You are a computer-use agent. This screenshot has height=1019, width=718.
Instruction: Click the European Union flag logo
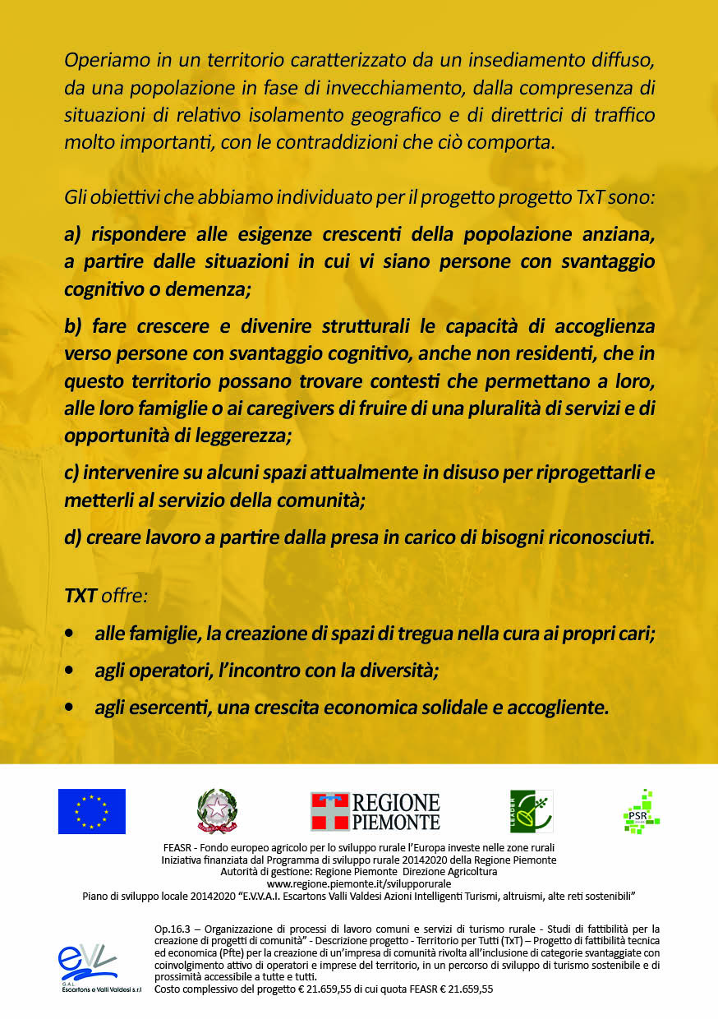91,811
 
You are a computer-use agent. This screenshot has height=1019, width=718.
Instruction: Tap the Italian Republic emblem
217,811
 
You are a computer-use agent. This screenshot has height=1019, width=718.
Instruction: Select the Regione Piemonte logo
375,811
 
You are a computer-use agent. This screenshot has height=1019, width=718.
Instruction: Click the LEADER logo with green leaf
532,811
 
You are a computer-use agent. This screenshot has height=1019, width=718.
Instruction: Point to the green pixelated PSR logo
642,812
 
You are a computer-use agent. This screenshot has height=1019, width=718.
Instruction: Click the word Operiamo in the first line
103,61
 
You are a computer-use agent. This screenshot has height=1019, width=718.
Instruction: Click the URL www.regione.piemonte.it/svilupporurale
358,883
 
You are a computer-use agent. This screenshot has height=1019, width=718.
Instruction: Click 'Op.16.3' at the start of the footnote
173,928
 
